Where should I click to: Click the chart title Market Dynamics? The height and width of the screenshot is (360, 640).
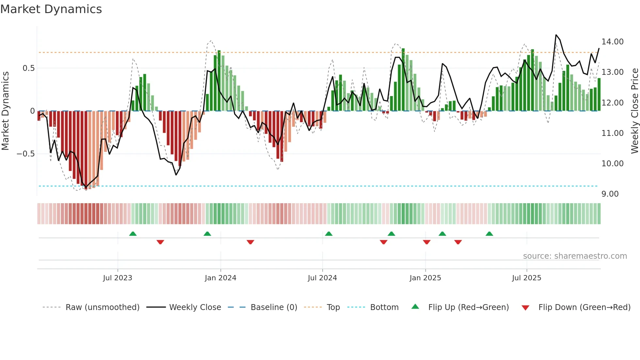click(51, 9)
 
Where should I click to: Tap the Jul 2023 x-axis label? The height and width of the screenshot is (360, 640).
click(118, 278)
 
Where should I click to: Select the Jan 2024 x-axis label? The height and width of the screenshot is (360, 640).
click(220, 278)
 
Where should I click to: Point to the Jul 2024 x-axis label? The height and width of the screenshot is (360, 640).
click(322, 278)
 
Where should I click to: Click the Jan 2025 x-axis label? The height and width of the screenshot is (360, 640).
click(425, 278)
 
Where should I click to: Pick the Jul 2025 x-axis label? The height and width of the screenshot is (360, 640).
click(526, 278)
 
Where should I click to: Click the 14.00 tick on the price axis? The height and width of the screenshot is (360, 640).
click(612, 42)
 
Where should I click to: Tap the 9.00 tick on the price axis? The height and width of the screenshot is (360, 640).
click(610, 194)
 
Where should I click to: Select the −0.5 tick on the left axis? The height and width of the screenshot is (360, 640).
click(25, 154)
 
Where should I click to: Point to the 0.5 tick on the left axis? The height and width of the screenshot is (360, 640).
click(28, 68)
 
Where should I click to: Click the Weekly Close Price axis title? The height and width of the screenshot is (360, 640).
click(634, 111)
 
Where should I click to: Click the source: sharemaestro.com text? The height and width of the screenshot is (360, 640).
click(575, 256)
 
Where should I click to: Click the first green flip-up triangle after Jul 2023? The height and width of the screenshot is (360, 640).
click(133, 234)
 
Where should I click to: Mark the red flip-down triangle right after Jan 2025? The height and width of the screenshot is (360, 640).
click(426, 242)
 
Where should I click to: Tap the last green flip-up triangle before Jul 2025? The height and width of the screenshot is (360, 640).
click(489, 234)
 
